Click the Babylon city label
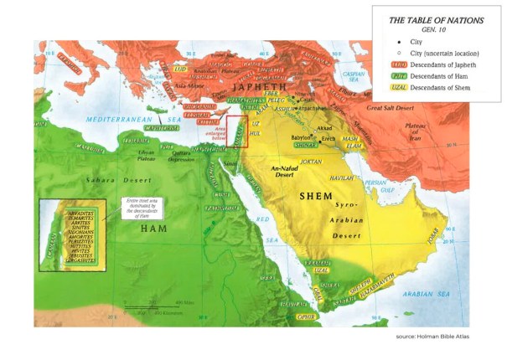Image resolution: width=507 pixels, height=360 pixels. [x=301, y=136]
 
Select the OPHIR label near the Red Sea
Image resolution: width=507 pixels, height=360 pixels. [x=308, y=317]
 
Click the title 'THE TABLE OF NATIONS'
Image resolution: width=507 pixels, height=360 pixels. [x=437, y=19]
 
